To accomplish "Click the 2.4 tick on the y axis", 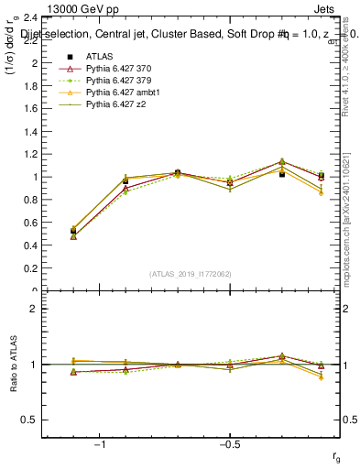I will [30, 18].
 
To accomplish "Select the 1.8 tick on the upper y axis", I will [30, 87].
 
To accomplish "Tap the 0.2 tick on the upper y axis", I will [30, 268].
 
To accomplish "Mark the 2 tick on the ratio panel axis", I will [33, 309].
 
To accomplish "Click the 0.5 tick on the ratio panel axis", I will [30, 420].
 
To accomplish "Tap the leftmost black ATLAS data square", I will [73, 232].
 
